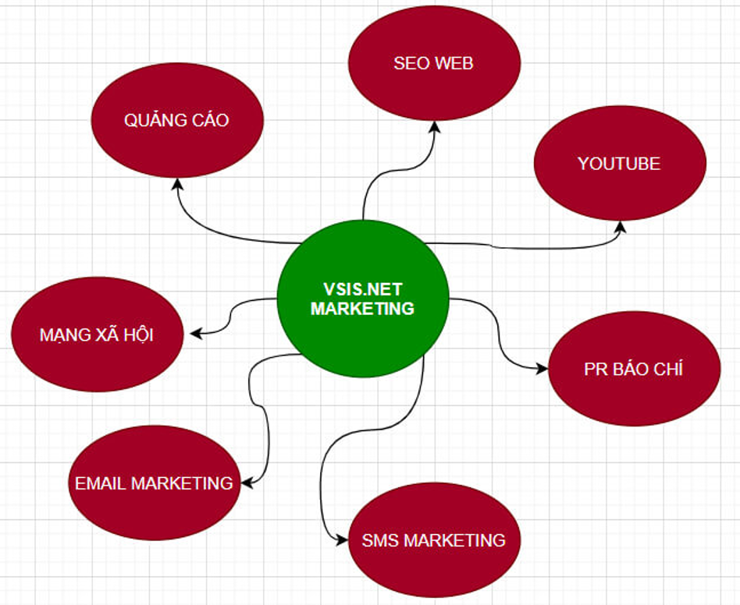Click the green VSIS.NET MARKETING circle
363,299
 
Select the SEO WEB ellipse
434,63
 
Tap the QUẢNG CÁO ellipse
177,121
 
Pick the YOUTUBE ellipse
620,164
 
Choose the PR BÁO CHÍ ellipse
634,370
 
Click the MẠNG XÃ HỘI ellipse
97,334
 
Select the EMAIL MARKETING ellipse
154,483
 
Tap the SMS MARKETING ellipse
434,540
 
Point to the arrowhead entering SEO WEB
434,127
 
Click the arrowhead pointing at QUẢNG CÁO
177,184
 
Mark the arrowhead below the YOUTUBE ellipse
620,227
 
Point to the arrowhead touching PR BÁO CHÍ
543,369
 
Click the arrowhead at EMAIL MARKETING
247,483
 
